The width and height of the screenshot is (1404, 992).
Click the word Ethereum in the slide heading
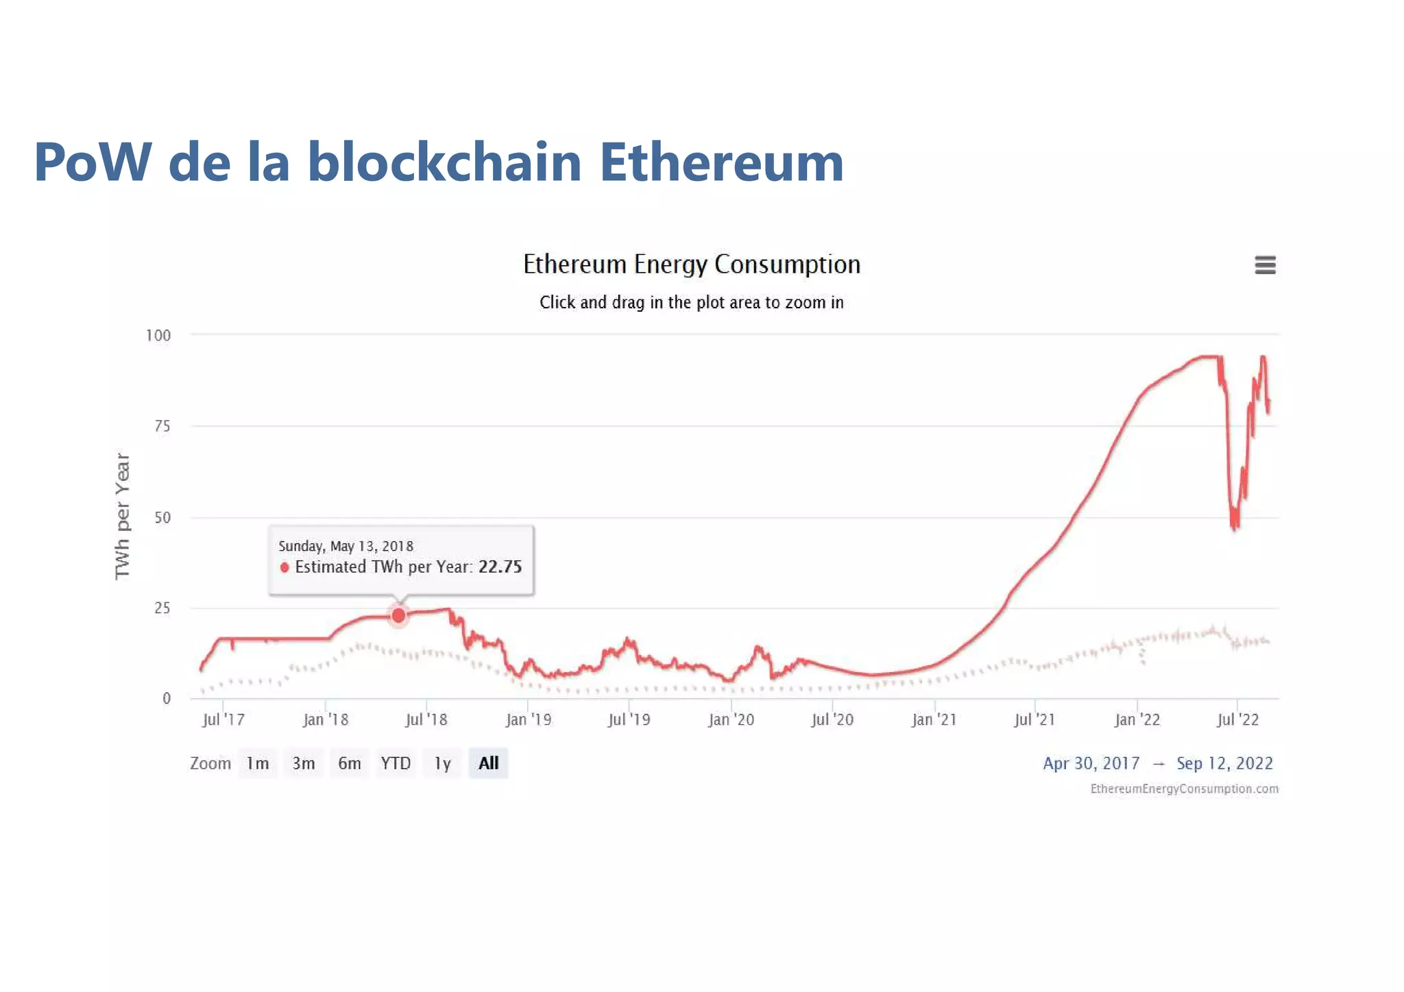[721, 162]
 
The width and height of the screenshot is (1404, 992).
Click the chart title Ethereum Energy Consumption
[691, 264]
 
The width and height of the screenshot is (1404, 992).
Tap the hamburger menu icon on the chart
[1265, 265]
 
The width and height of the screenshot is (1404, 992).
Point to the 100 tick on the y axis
[158, 336]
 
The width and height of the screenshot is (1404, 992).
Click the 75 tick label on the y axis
[162, 426]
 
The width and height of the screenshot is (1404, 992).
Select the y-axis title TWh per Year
[122, 516]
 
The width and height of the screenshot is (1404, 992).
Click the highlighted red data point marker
[398, 616]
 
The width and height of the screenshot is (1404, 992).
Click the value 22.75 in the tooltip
[500, 567]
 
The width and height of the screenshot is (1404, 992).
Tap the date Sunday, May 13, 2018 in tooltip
[346, 546]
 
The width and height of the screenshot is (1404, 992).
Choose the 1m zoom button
[258, 763]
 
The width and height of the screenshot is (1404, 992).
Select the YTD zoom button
[396, 763]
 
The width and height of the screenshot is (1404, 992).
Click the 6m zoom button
[349, 763]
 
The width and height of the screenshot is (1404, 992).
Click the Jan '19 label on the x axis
[528, 719]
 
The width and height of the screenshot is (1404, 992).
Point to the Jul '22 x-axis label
[1237, 719]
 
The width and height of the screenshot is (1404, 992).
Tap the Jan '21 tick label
[934, 719]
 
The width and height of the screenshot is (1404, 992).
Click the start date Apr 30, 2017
[1091, 763]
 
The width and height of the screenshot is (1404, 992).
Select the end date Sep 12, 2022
[1224, 763]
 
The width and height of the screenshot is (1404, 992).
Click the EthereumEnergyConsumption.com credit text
[1184, 789]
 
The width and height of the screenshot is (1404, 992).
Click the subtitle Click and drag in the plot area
[691, 302]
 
